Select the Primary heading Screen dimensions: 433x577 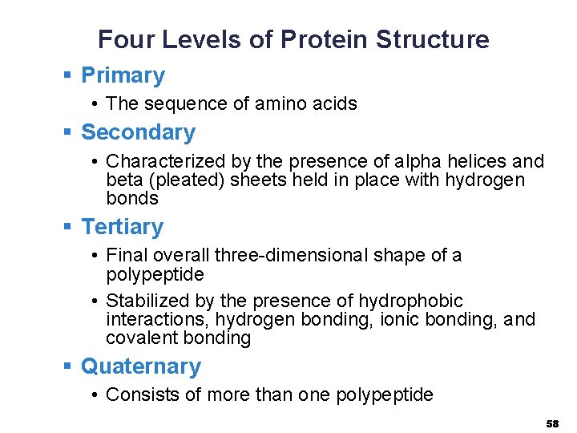(x=123, y=75)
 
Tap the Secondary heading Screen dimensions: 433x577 (x=138, y=132)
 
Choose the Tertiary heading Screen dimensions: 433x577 (x=122, y=227)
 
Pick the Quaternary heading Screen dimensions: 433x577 (x=141, y=366)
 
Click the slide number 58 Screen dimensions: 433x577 (x=552, y=423)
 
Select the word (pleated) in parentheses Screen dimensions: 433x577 (x=185, y=180)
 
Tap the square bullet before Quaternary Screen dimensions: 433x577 (x=69, y=366)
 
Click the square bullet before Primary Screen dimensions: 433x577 (x=69, y=76)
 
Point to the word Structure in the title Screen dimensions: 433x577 (x=433, y=39)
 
